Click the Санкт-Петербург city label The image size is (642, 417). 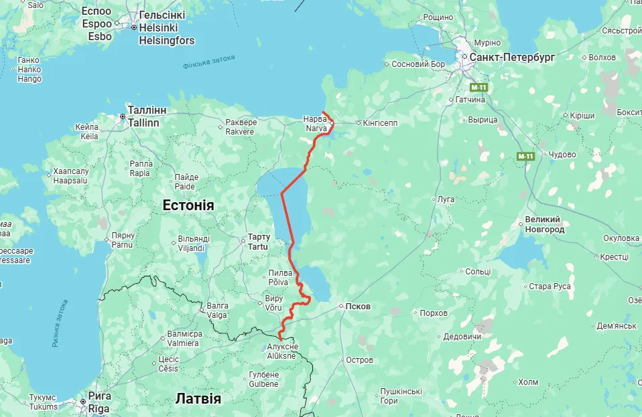[x=512, y=58]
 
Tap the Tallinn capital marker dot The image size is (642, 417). [x=123, y=116]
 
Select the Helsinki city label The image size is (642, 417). [x=157, y=28]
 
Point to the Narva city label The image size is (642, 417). [x=316, y=124]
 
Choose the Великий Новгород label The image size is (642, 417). [x=544, y=224]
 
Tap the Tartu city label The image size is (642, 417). [x=258, y=242]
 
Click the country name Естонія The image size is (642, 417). [x=188, y=205]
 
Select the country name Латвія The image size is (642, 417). [x=198, y=398]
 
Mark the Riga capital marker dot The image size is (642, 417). [x=84, y=402]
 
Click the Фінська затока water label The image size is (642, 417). [x=208, y=62]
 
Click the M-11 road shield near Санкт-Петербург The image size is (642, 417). [x=478, y=88]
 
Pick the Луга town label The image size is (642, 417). [x=446, y=199]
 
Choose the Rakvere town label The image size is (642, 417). [x=240, y=127]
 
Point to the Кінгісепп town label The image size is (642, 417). [x=381, y=123]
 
